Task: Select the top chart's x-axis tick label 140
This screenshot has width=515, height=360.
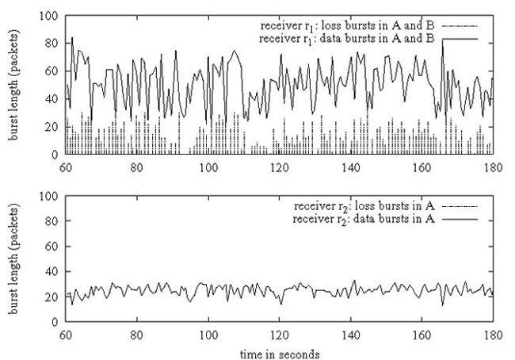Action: [350, 168]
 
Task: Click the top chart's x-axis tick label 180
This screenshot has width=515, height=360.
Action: [493, 168]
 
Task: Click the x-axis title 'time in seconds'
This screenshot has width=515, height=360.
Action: [279, 350]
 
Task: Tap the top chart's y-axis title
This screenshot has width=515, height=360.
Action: [16, 85]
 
